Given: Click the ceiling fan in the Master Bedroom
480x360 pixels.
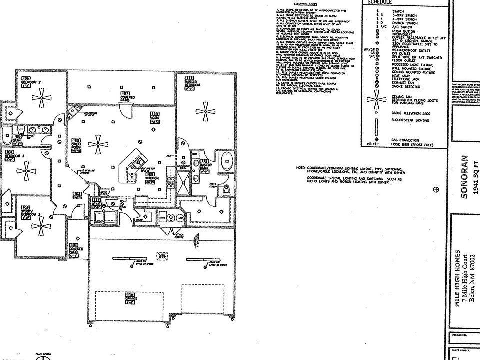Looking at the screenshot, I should click(204, 109).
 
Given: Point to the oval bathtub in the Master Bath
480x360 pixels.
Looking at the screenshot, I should click(226, 163).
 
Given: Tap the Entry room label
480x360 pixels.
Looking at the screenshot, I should click(77, 195).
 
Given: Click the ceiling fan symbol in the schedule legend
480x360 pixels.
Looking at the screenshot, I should click(377, 99).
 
